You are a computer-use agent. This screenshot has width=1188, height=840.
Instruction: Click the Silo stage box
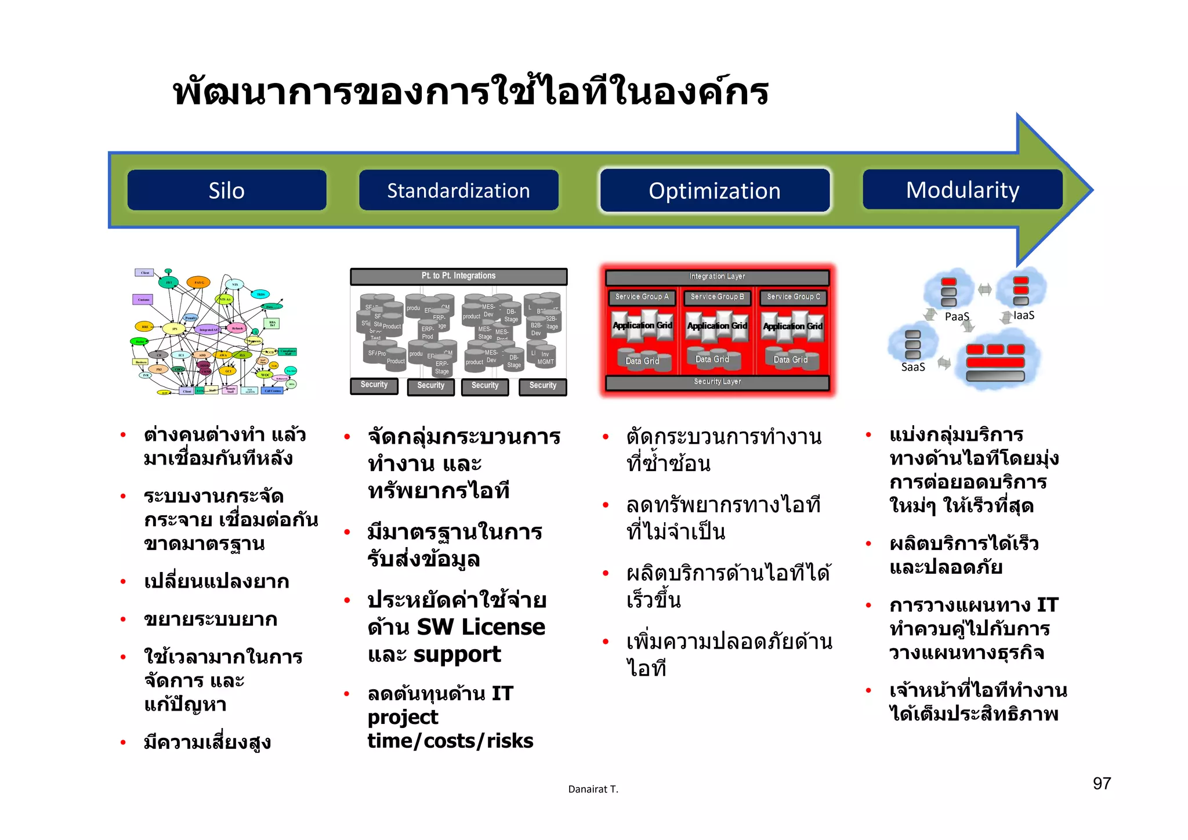[x=227, y=190]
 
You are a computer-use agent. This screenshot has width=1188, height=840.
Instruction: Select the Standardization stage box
[x=458, y=190]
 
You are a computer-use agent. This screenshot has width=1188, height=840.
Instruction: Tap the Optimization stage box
[x=715, y=191]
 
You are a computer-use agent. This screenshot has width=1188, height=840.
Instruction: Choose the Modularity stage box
[x=962, y=190]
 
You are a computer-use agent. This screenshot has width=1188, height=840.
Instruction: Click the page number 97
[x=1102, y=784]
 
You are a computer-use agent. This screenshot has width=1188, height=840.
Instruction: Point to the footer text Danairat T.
[x=593, y=789]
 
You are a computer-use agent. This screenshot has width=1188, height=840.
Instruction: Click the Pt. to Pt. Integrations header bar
[x=458, y=276]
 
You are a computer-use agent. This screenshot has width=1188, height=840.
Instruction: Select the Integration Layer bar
[x=717, y=277]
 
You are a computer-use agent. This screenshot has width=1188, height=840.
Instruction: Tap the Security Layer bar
[x=717, y=382]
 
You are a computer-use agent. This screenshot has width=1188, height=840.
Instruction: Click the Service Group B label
[x=717, y=297]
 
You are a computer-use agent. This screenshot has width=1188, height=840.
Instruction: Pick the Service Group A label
[x=642, y=297]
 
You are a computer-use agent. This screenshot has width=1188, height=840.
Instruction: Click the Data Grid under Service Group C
[x=790, y=360]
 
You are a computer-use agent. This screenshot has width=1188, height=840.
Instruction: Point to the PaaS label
[x=957, y=317]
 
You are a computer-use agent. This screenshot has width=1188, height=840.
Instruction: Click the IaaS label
[x=1024, y=316]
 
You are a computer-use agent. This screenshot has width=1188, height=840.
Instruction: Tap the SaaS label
[x=912, y=367]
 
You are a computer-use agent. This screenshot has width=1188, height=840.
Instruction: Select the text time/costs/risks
[x=450, y=741]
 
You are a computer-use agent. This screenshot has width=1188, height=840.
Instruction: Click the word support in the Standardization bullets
[x=457, y=654]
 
